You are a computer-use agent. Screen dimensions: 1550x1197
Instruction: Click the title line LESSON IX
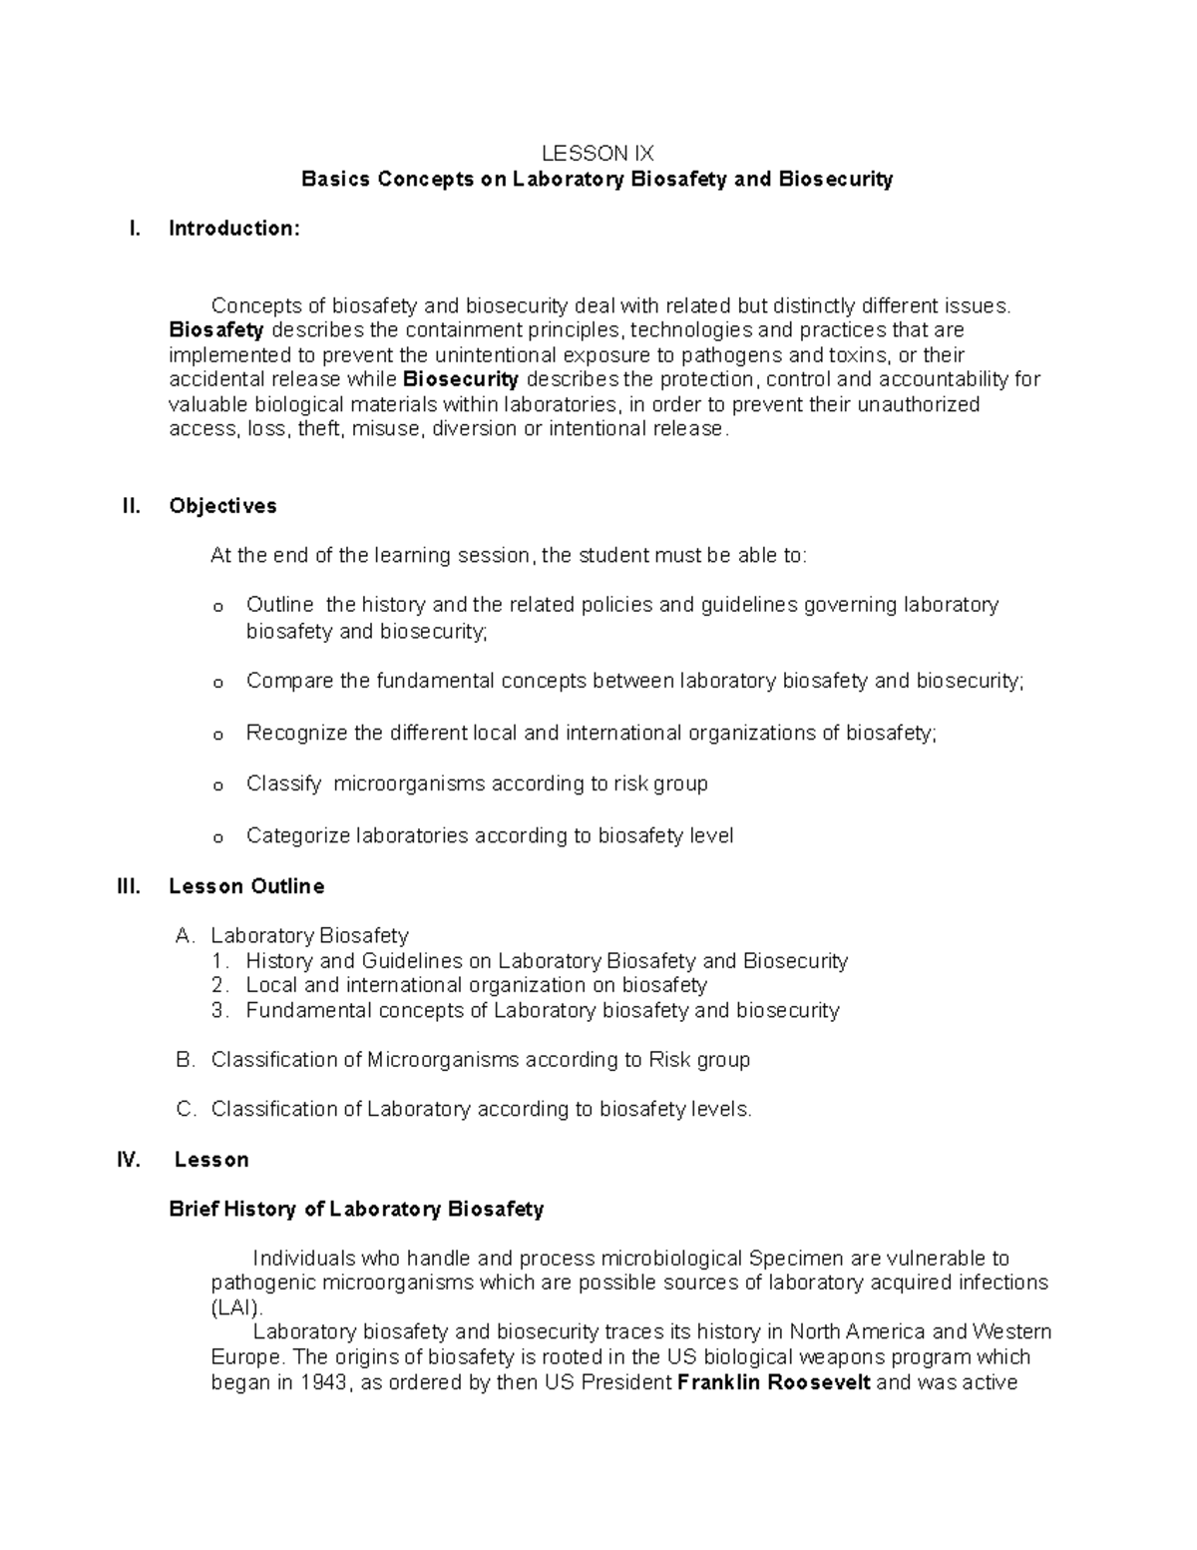[x=597, y=154]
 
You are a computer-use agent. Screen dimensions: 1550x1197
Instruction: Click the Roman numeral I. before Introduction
[x=136, y=229]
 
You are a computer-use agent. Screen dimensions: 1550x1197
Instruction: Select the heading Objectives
[x=222, y=506]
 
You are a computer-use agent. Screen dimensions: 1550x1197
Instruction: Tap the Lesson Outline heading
[x=246, y=886]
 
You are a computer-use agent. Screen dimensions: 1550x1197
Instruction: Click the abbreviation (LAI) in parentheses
[x=236, y=1307]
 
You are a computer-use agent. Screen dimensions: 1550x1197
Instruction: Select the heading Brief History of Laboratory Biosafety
[x=356, y=1210]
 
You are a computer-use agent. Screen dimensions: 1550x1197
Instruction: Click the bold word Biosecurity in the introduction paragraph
[x=460, y=379]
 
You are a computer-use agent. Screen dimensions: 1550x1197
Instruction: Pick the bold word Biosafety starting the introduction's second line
[x=216, y=329]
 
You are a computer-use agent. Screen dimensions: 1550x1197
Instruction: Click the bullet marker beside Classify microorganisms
[x=218, y=786]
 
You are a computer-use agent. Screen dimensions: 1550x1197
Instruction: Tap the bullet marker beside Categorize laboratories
[x=218, y=837]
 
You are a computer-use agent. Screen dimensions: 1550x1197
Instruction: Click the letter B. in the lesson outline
[x=185, y=1060]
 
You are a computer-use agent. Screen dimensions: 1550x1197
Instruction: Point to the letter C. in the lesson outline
[x=185, y=1109]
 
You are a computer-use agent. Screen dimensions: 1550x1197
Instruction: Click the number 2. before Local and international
[x=220, y=985]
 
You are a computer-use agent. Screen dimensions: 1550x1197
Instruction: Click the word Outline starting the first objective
[x=279, y=605]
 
